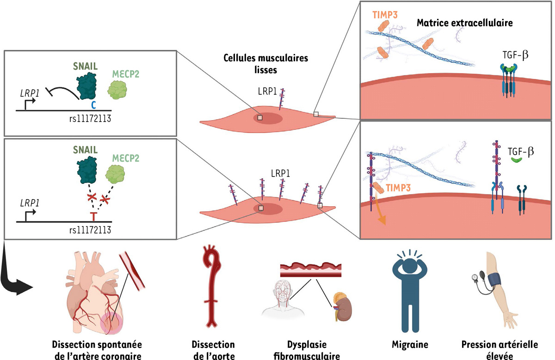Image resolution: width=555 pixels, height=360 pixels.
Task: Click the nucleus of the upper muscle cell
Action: tap(269, 117)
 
